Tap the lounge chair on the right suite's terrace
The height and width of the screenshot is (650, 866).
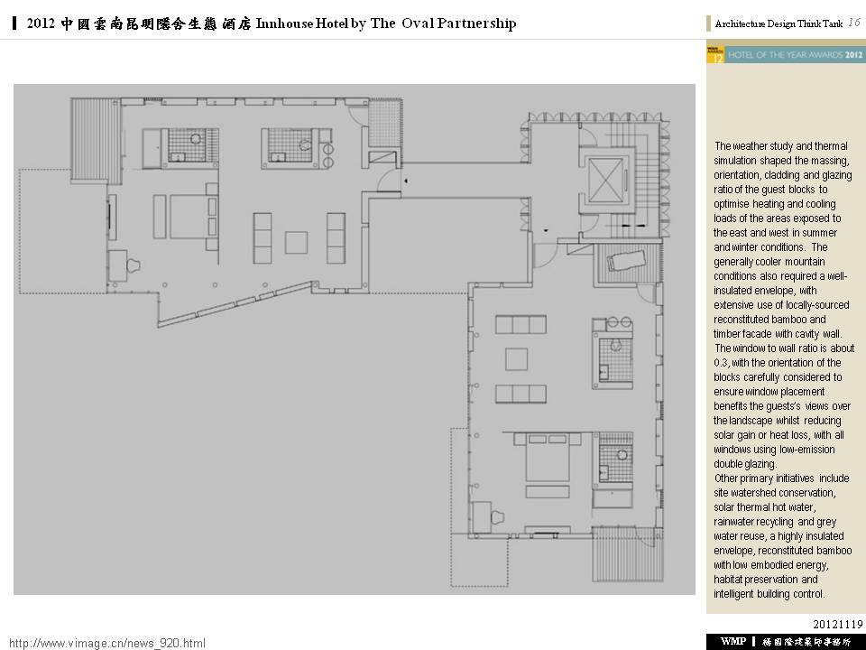(627, 260)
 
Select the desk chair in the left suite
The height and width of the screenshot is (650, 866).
(134, 265)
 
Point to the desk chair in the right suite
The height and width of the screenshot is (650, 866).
(497, 516)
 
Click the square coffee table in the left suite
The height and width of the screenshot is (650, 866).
(296, 243)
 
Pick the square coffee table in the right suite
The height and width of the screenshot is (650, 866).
(516, 359)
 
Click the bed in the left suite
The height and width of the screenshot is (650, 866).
(189, 217)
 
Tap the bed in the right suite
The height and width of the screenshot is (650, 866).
(547, 457)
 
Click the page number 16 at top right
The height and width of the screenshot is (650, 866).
(854, 23)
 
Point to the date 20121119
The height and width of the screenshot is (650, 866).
(837, 624)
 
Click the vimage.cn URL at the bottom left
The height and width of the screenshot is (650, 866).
(107, 643)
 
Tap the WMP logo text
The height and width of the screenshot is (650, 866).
(732, 641)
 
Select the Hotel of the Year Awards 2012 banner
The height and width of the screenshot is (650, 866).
(785, 54)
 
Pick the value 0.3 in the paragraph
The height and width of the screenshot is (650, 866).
(722, 363)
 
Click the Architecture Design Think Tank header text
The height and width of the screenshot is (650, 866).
(778, 23)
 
